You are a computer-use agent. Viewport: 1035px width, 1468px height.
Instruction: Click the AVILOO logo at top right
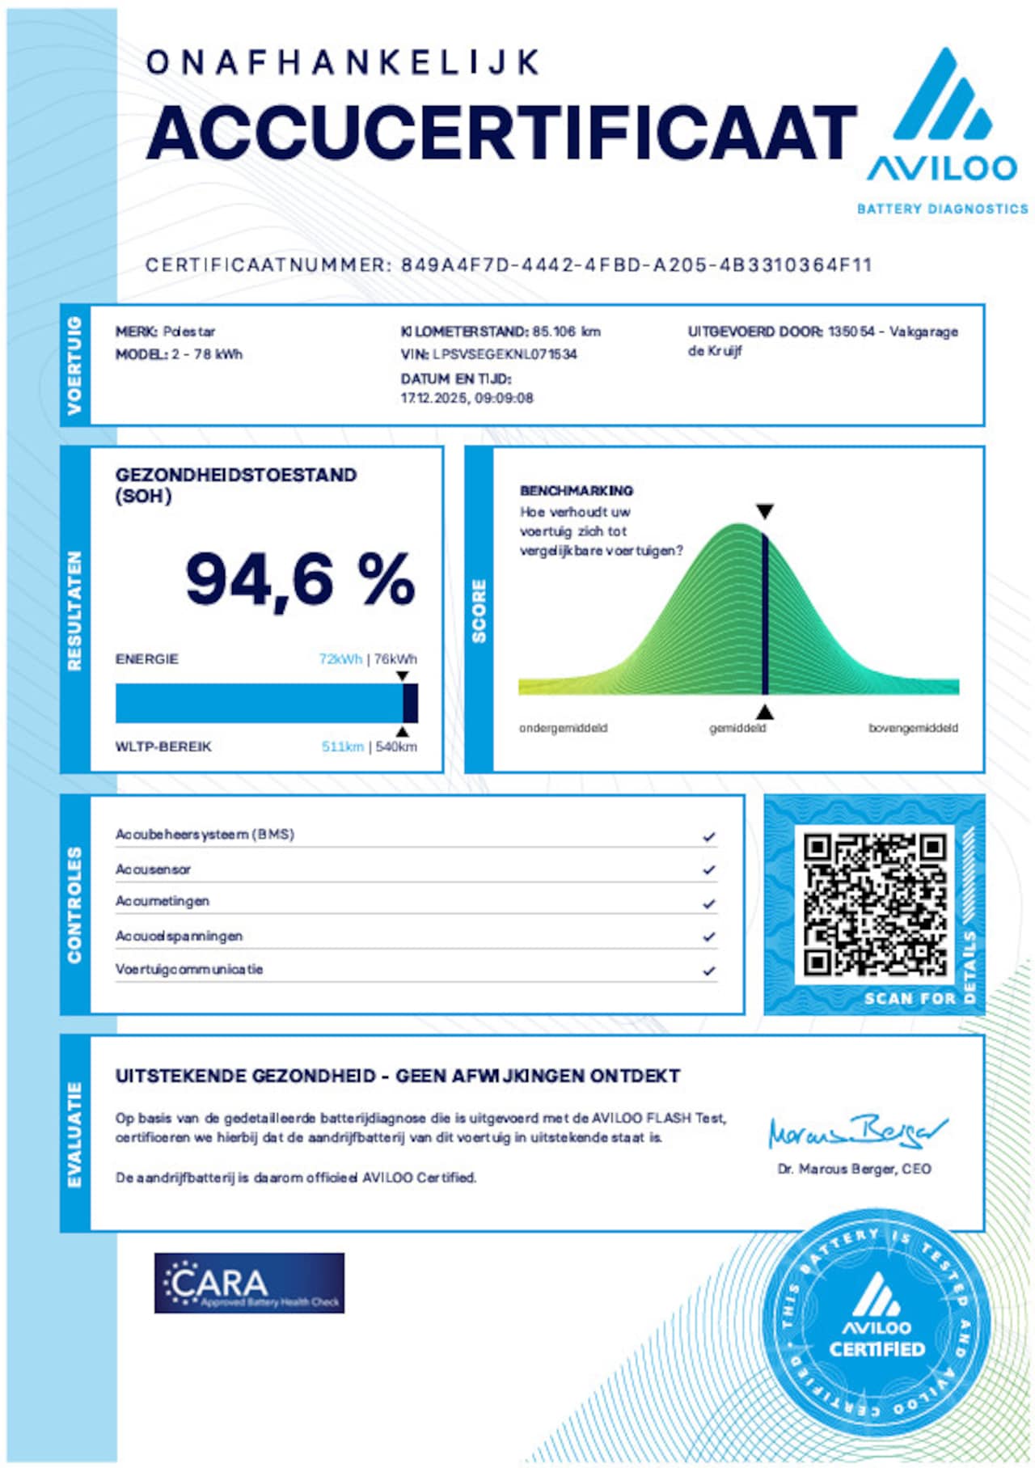[x=942, y=121]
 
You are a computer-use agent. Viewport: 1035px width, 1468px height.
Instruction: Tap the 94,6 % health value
[x=300, y=579]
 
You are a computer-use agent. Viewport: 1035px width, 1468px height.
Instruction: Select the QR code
[x=874, y=905]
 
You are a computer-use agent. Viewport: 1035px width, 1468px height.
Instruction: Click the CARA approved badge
[x=249, y=1283]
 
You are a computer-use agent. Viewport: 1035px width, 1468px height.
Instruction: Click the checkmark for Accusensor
[x=709, y=870]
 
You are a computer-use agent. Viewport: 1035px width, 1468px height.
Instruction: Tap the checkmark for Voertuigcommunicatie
[x=709, y=971]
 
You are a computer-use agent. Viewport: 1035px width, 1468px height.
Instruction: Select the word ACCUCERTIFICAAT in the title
[x=501, y=133]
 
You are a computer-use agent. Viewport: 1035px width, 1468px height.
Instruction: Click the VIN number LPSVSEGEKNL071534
[x=505, y=354]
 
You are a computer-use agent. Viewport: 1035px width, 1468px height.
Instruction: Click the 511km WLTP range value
[x=343, y=747]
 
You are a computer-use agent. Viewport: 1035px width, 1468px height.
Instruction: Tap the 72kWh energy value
[x=340, y=659]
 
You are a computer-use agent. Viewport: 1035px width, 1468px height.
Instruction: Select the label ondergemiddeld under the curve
[x=563, y=728]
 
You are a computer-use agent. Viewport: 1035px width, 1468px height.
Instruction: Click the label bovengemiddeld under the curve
[x=913, y=728]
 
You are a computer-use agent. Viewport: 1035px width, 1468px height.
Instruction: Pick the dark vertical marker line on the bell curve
[x=765, y=615]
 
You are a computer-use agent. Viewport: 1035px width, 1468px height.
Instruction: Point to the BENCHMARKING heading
[x=577, y=491]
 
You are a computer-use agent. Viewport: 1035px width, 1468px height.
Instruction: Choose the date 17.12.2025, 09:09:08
[x=467, y=398]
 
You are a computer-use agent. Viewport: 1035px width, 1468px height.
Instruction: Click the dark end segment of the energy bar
[x=411, y=703]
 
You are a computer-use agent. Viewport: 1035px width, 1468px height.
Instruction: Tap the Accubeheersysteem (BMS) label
[x=205, y=834]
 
